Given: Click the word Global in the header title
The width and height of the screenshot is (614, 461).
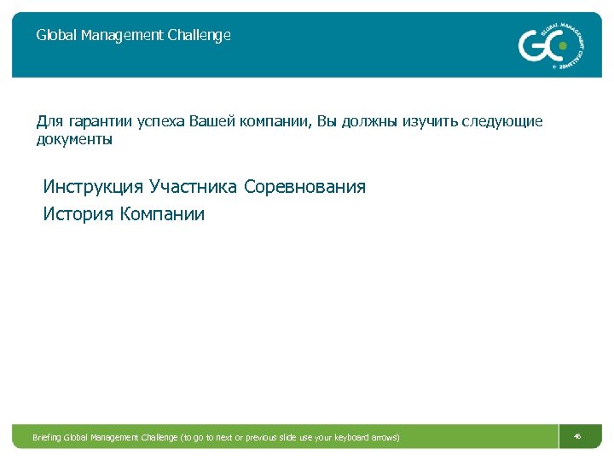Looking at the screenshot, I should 54,36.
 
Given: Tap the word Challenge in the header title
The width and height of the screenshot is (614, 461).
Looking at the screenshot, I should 198,36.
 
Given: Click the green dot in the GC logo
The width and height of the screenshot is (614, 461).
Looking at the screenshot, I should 561,46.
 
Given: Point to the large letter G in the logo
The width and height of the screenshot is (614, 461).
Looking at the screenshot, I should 531,45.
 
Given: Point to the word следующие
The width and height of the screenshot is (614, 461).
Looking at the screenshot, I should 503,122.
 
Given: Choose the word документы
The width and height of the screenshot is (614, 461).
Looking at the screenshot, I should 74,139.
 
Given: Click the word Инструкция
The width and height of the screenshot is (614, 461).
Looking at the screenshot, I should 93,187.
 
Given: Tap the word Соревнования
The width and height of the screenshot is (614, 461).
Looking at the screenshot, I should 304,187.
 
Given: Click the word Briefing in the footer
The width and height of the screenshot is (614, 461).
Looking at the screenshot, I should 47,438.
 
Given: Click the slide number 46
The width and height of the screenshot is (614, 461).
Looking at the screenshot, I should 577,437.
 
